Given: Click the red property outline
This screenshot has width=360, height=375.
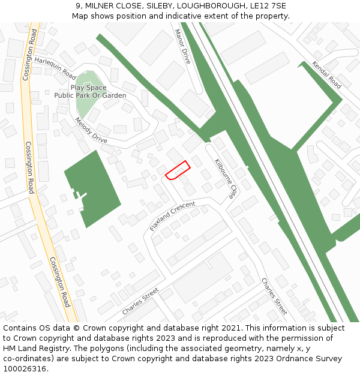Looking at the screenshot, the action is coord(178,170).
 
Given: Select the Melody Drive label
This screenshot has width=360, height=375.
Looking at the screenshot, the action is coord(91,130).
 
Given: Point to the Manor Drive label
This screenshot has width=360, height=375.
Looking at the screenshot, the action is coord(182,46).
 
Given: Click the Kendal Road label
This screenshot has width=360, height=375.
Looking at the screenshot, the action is coord(327,74).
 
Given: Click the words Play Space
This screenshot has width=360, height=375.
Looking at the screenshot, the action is coord(88,88).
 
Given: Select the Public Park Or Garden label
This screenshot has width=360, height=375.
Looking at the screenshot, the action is coord(90,95).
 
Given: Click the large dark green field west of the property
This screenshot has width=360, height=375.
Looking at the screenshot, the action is coord(92,188).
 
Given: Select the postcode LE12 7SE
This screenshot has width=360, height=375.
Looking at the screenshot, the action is coord(266,6).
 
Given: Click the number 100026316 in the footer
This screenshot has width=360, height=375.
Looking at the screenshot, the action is coord(26,369).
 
